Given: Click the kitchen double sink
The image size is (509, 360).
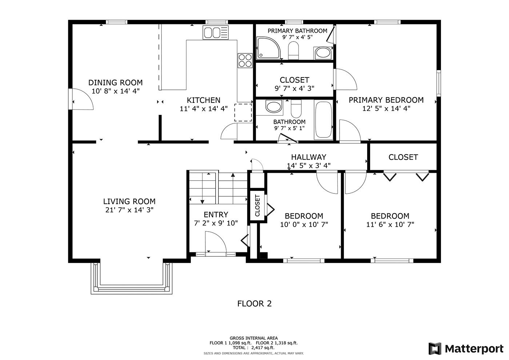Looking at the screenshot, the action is click(215, 32).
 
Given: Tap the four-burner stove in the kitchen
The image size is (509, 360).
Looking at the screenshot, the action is click(245, 60).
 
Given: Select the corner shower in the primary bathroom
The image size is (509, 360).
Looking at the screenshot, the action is click(268, 48).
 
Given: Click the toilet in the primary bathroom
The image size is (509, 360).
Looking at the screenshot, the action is click(293, 50).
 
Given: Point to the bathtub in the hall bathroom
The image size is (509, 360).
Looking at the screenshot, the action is click(324, 120).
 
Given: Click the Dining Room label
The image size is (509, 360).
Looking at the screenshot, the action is click(116, 82).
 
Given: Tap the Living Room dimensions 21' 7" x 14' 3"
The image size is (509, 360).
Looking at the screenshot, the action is click(129, 210).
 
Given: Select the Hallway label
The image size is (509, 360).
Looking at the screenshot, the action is click(309, 157).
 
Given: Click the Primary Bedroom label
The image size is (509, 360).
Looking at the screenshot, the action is click(386, 100).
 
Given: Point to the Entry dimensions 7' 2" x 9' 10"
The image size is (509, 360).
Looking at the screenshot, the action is click(216, 223).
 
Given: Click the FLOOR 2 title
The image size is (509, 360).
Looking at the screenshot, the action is click(254, 304).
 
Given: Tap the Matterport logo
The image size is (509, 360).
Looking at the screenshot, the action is click(466, 349).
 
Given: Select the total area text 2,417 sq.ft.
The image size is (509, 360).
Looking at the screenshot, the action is click(262, 348).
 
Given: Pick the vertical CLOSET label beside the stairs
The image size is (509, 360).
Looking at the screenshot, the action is click(257, 205).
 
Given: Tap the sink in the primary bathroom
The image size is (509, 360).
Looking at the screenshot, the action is click(323, 53).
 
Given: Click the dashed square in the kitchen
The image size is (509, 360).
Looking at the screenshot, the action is click(243, 112).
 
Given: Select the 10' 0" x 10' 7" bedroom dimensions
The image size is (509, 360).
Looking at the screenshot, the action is click(304, 225).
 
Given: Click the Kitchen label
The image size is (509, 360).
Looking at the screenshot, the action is click(204, 100).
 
